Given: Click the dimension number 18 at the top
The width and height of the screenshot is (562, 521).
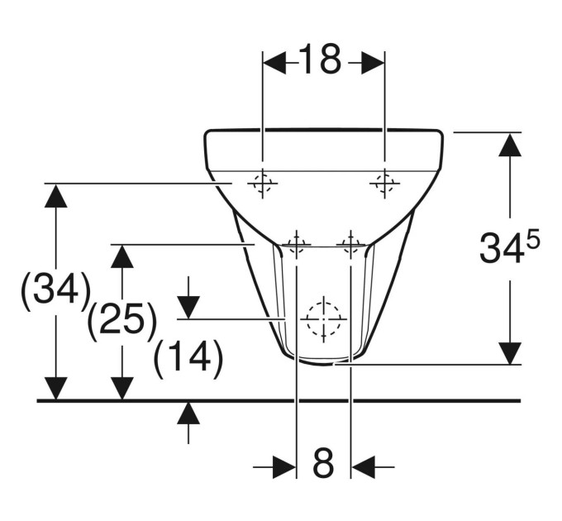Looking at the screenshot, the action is point(320,60).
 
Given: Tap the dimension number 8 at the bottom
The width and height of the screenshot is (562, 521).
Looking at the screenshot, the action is point(323,464).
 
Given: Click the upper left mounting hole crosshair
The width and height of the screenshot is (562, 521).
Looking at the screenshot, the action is point(263,184).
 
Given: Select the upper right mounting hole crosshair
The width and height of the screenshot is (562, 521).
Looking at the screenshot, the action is point(384,184).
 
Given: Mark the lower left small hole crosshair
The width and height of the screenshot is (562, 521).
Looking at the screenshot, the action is point(297,245).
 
